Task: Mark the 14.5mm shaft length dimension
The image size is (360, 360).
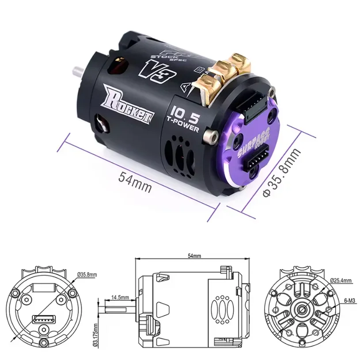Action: tap(120, 297)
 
